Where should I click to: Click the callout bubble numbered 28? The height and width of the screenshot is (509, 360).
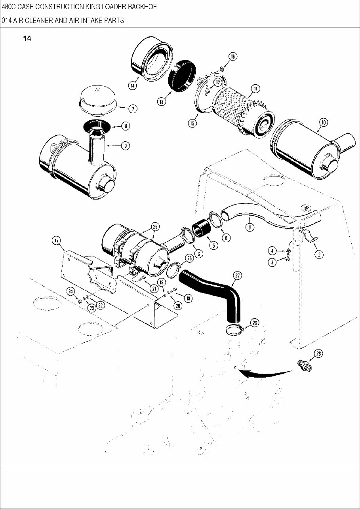pyautogui.click(x=318, y=353)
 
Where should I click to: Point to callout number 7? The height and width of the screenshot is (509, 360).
pyautogui.click(x=133, y=109)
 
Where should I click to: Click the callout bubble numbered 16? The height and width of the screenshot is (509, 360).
pyautogui.click(x=232, y=57)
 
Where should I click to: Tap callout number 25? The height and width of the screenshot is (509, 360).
pyautogui.click(x=155, y=227)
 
